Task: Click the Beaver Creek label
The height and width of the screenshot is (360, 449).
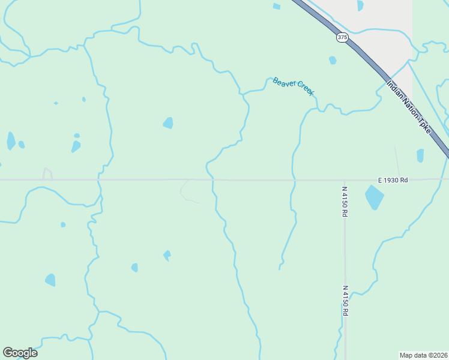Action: (x=293, y=86)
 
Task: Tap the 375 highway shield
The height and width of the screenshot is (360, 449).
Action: (x=342, y=37)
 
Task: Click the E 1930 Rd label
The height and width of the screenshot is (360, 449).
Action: (x=393, y=179)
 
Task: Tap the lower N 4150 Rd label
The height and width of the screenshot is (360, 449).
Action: (x=345, y=301)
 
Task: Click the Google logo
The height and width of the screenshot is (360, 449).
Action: (x=20, y=353)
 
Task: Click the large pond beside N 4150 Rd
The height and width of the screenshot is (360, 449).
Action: (x=374, y=197)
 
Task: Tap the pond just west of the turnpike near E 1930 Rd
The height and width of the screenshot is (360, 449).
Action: (x=420, y=155)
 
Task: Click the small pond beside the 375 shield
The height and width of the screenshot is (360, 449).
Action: (x=333, y=60)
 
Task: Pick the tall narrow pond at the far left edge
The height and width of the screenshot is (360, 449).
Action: (x=11, y=140)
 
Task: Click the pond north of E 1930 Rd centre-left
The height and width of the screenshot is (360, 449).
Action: (x=168, y=123)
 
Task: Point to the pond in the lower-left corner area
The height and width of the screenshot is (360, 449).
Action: (x=50, y=280)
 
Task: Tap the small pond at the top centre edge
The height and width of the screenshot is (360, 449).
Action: (x=276, y=7)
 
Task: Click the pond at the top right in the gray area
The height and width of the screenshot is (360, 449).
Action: (x=360, y=5)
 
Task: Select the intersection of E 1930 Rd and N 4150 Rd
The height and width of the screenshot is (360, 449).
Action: (x=345, y=179)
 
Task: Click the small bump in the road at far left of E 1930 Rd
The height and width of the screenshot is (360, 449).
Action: (x=47, y=173)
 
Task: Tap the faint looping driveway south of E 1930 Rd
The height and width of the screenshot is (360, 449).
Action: (x=186, y=191)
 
